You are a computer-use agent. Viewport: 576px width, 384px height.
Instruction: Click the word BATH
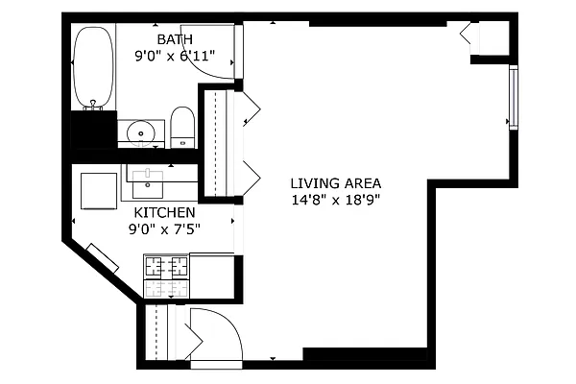tap(175, 39)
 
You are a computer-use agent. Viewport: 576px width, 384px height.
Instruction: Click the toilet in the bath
tap(182, 127)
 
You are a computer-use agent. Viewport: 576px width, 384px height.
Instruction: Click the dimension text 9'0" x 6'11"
tap(175, 56)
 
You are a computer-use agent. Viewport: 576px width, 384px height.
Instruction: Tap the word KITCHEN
tap(164, 212)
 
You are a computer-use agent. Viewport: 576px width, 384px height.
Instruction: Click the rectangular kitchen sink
tap(149, 174)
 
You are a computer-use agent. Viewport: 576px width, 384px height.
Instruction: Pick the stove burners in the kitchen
tap(166, 276)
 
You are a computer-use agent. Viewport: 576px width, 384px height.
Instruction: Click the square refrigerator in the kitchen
tap(98, 189)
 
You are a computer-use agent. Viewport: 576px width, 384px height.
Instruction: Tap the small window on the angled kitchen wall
tap(102, 258)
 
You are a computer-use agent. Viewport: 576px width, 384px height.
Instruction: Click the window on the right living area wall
tap(514, 96)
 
